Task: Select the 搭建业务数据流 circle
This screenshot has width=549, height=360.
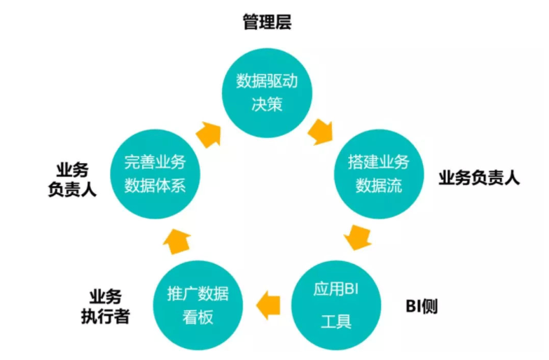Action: point(378,174)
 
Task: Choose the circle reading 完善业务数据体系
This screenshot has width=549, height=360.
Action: point(155,174)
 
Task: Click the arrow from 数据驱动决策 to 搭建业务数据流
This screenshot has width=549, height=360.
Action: point(321,131)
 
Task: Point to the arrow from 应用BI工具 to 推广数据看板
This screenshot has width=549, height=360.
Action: point(267,305)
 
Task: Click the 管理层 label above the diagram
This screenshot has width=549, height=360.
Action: point(267,22)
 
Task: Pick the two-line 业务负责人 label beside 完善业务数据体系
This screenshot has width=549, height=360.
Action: point(72,179)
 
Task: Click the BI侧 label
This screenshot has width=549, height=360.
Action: point(422,307)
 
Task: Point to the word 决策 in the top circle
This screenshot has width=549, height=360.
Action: point(267,106)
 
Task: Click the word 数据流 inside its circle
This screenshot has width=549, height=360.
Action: point(378,187)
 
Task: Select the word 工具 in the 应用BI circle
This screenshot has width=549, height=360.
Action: point(335,323)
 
